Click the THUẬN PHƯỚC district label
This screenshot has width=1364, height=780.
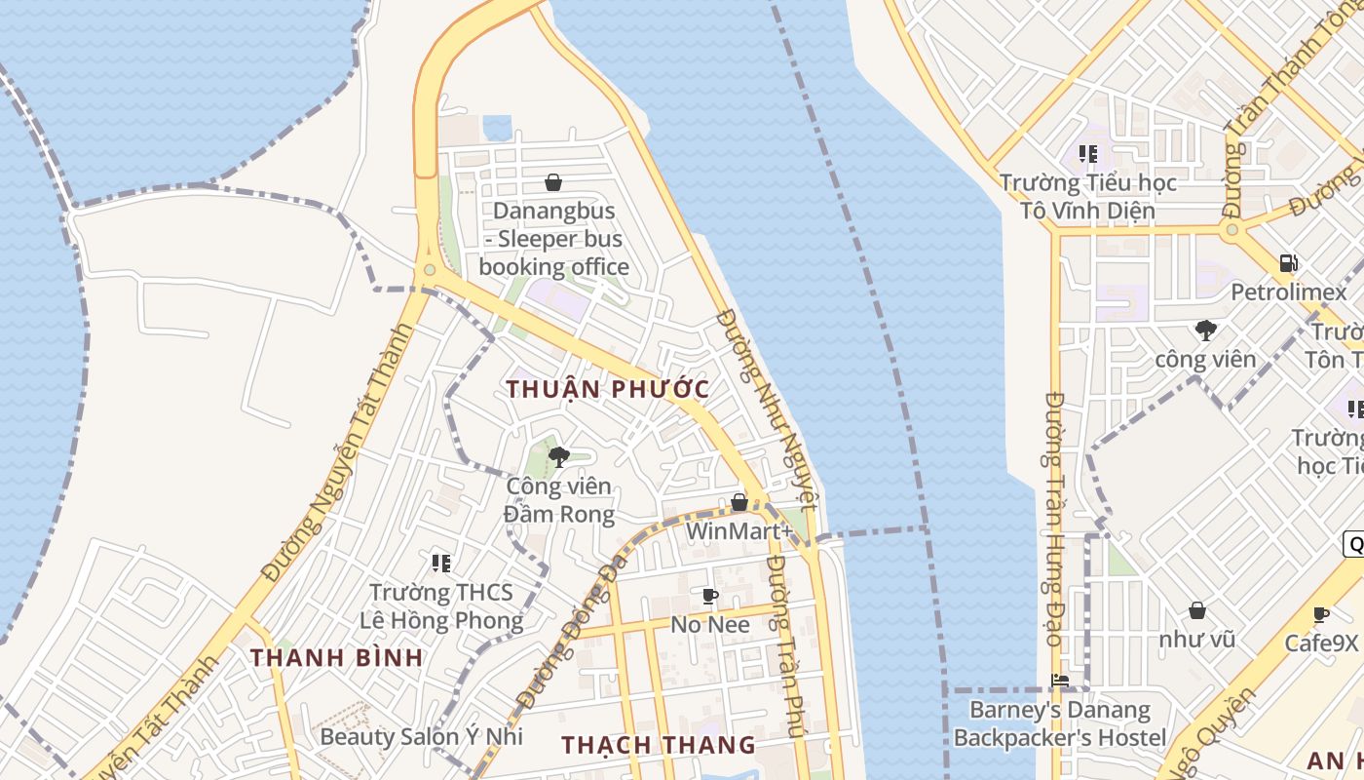[608, 389]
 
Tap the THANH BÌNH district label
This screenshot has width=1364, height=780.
[337, 657]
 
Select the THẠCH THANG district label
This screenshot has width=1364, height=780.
[659, 745]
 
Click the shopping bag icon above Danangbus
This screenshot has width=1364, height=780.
[553, 182]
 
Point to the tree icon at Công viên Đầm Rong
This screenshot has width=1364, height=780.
[559, 456]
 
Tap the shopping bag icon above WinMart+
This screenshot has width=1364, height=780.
[739, 503]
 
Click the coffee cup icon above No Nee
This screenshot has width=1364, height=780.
[710, 596]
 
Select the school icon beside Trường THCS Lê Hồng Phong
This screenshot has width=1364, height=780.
[441, 563]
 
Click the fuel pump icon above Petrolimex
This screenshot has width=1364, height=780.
[1288, 262]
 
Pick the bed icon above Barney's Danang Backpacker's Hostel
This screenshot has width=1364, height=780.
[1060, 681]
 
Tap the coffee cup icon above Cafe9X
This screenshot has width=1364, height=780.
[1321, 614]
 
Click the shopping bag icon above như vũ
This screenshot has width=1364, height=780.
[1197, 610]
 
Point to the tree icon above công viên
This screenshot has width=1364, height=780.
[1206, 330]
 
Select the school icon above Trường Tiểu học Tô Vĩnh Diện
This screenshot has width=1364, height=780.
[1088, 153]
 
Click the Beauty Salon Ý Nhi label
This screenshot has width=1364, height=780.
[421, 736]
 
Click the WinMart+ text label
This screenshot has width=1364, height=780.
[739, 531]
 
